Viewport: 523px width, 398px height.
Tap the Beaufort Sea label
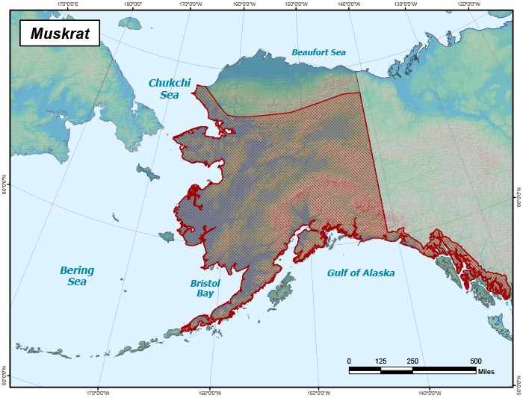click(x=318, y=52)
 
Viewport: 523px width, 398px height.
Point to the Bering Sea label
click(x=76, y=276)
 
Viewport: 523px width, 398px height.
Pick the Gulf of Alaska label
click(x=361, y=273)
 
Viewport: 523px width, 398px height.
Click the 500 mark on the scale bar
click(x=475, y=361)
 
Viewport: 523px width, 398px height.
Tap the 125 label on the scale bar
click(x=380, y=361)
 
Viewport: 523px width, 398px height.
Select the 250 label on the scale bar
click(x=412, y=361)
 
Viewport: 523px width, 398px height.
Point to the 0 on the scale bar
click(x=349, y=361)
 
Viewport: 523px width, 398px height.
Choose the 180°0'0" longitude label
click(x=134, y=4)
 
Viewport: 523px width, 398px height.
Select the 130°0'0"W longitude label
click(x=405, y=4)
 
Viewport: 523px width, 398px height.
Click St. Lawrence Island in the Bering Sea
click(x=148, y=174)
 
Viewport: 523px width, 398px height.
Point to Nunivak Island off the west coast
click(x=166, y=236)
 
